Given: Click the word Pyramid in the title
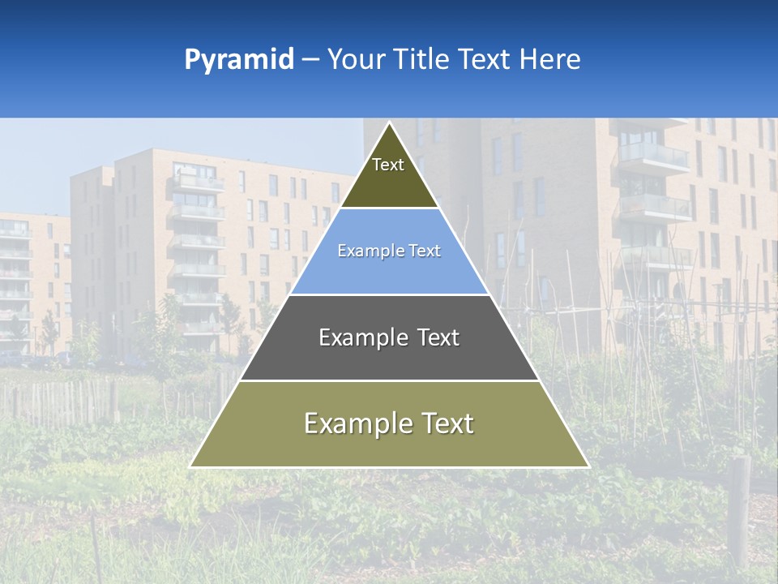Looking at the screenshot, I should (238, 60).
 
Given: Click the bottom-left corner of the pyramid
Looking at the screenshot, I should (191, 466).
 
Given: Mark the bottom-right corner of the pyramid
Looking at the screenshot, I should (588, 466).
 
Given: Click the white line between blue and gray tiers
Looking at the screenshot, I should (389, 294).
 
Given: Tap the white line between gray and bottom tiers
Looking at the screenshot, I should (389, 380).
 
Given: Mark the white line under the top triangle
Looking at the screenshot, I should (389, 208).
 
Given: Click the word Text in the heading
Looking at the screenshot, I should (485, 60).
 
